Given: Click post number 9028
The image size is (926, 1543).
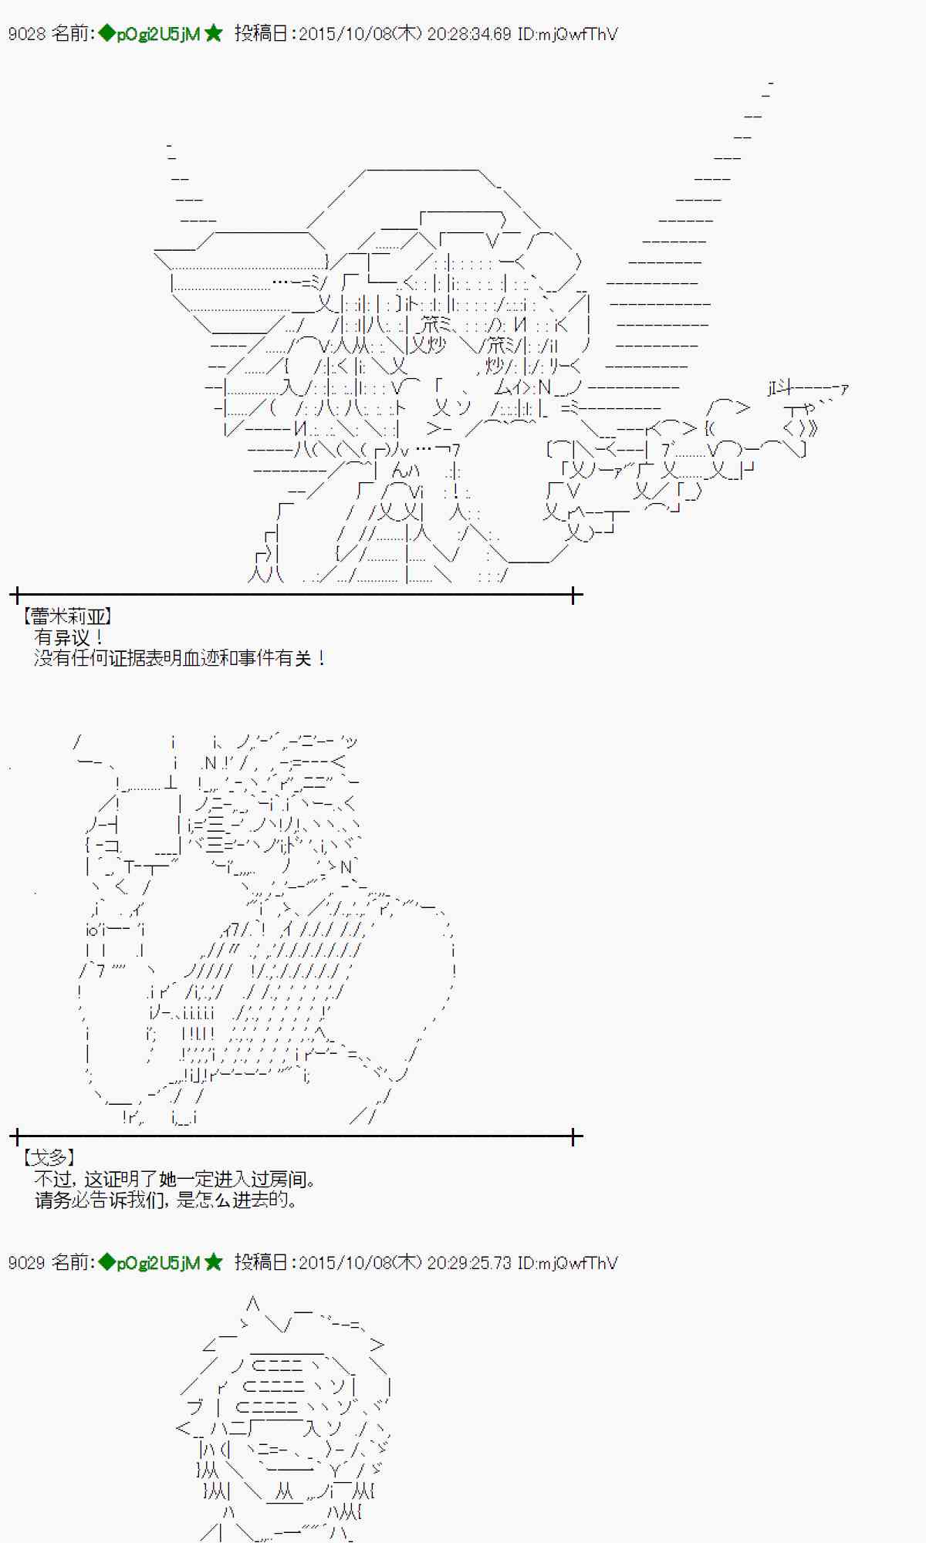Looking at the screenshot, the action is click(26, 34).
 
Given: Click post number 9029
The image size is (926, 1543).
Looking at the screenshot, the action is click(26, 1263).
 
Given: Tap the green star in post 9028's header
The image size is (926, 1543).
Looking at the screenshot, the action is click(214, 33).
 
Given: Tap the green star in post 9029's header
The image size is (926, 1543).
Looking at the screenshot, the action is click(214, 1262).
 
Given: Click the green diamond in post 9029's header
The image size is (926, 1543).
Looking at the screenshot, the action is click(106, 1262).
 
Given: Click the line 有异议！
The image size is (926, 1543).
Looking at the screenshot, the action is click(69, 637).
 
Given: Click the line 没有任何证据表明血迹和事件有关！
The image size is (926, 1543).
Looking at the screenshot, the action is click(180, 658).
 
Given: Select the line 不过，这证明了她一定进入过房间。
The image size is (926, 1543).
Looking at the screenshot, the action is click(175, 1179).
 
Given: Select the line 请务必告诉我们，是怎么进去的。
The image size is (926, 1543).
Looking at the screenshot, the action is click(166, 1200).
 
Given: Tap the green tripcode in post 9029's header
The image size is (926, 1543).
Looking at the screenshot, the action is click(158, 1263).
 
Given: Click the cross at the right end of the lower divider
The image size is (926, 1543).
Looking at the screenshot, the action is click(574, 1136).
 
